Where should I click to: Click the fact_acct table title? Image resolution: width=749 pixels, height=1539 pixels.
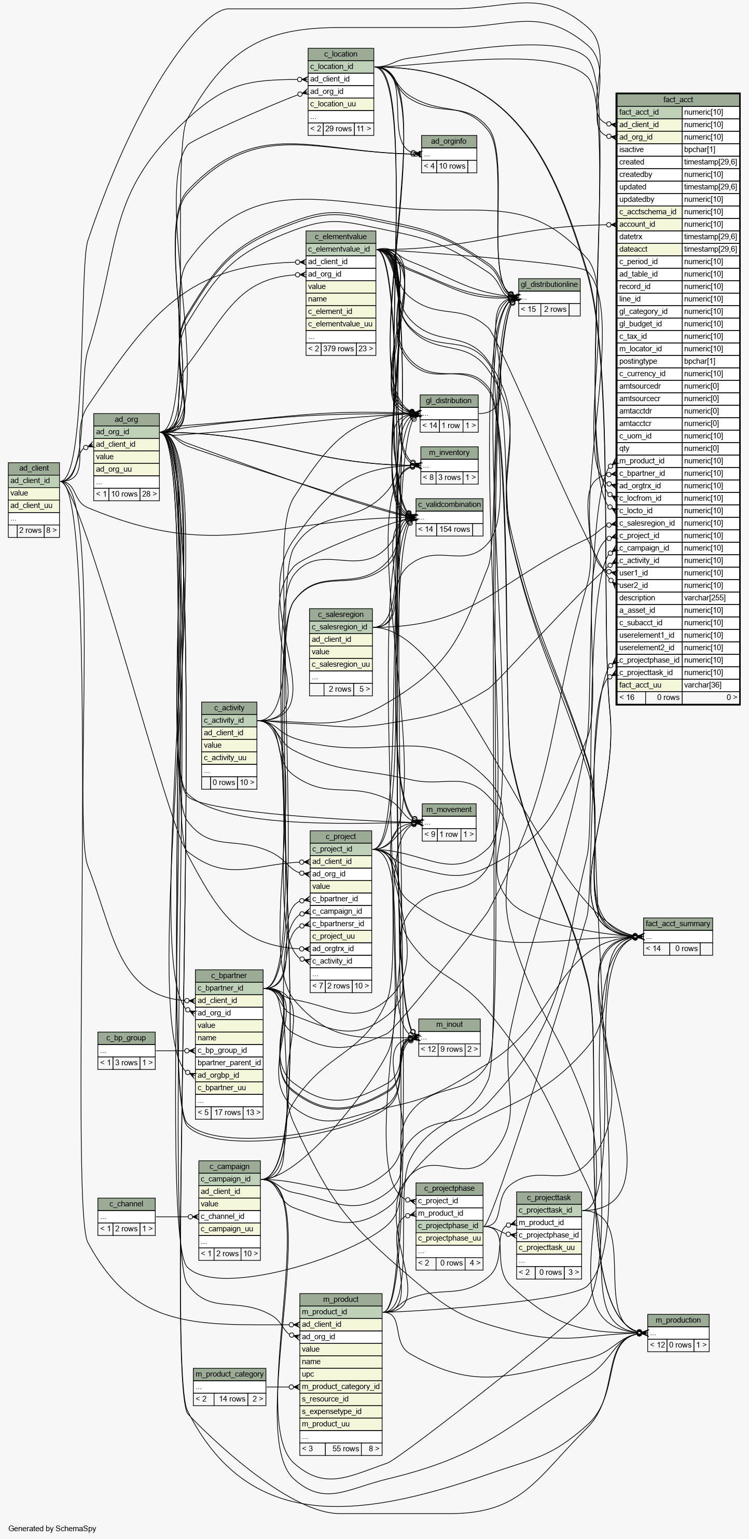(677, 100)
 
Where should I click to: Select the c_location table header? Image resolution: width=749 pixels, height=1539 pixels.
(340, 54)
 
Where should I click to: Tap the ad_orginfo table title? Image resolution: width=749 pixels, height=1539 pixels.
(449, 142)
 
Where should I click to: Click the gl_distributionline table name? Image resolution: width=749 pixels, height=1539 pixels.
(549, 284)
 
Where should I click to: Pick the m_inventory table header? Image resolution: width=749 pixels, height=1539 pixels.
(449, 453)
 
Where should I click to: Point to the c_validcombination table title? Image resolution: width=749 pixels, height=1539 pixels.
(449, 504)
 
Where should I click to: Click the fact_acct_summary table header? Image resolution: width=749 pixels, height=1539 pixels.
(677, 924)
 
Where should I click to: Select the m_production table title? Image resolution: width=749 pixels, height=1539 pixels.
(678, 1320)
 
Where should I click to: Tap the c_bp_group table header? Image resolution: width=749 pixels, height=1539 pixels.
(126, 1038)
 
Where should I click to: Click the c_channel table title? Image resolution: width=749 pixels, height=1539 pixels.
(126, 1204)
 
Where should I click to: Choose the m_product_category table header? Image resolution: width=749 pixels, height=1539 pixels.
(229, 1374)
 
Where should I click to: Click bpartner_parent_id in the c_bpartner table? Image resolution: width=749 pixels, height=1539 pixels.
(229, 1063)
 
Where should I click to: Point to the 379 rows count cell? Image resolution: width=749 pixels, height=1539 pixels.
(338, 349)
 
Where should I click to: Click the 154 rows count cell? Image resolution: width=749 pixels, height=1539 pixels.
(454, 529)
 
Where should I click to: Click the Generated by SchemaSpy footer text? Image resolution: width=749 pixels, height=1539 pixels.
(52, 1528)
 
